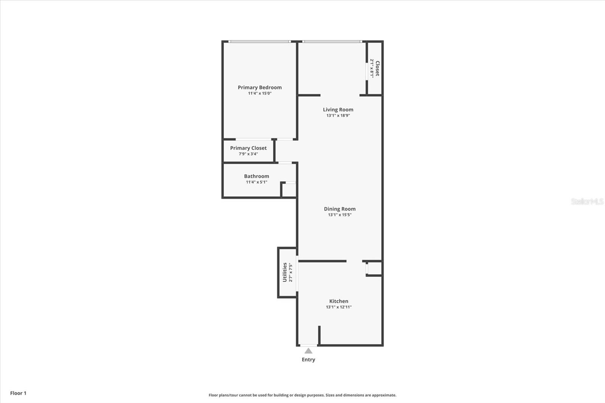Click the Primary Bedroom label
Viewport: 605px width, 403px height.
click(x=259, y=87)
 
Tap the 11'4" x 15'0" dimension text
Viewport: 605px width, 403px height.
click(x=259, y=93)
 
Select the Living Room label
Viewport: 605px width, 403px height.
click(x=338, y=110)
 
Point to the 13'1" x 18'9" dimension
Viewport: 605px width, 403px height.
click(x=338, y=116)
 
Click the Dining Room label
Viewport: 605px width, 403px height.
click(x=340, y=209)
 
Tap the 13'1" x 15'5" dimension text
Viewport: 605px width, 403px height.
click(x=340, y=215)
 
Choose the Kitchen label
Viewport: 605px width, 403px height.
click(x=338, y=301)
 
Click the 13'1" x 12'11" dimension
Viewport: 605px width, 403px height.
click(x=338, y=307)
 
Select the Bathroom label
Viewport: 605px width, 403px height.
click(x=256, y=176)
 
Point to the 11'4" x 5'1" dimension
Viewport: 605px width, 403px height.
click(x=256, y=182)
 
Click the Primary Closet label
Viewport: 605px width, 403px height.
click(x=248, y=148)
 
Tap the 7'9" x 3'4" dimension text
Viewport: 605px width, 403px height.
click(x=248, y=154)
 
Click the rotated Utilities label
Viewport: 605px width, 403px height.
click(x=285, y=272)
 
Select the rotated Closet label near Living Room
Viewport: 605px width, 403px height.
click(x=377, y=68)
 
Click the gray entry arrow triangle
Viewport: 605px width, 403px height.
click(x=309, y=351)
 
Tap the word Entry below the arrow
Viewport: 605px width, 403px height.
click(x=308, y=360)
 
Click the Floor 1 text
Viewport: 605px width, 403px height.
click(x=18, y=393)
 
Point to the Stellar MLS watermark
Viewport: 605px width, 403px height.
click(x=587, y=201)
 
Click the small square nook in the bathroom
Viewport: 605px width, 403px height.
click(x=289, y=190)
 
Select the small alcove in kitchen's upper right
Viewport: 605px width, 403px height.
click(x=374, y=268)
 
